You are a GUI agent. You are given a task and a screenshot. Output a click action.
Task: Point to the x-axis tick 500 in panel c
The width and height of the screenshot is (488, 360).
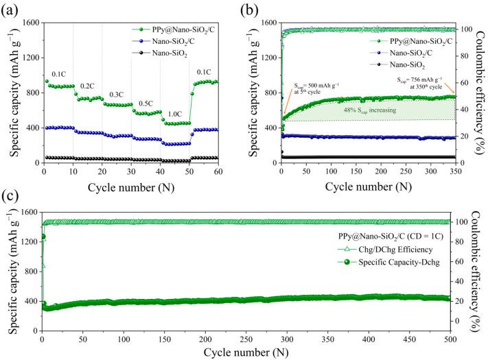point(448,339)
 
